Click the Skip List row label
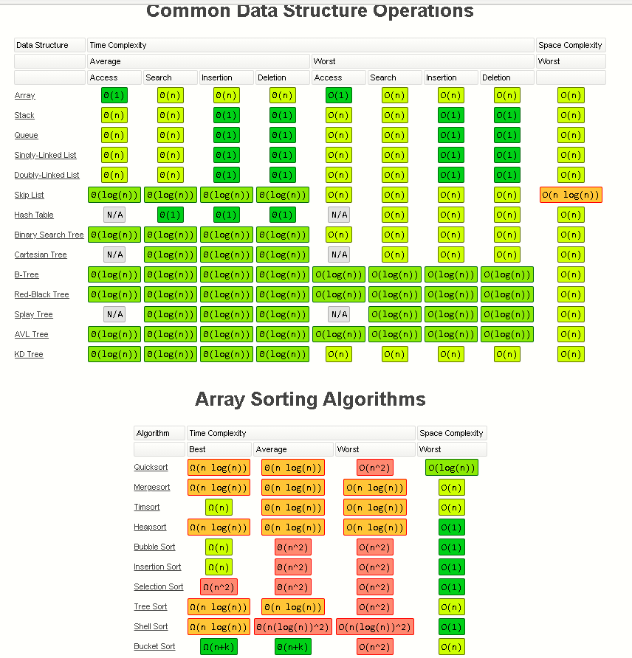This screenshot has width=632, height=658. click(29, 195)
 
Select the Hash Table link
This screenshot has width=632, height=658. click(34, 215)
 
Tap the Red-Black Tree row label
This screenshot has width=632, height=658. click(41, 294)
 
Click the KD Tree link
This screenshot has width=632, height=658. click(29, 354)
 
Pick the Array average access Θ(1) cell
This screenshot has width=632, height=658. click(114, 95)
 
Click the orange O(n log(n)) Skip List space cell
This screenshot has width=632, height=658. click(571, 195)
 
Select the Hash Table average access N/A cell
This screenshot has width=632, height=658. click(114, 215)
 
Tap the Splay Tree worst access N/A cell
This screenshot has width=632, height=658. click(339, 314)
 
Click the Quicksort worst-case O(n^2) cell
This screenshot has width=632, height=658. click(375, 468)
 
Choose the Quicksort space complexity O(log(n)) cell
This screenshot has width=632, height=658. click(451, 468)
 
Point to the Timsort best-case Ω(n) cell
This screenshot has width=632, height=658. click(219, 508)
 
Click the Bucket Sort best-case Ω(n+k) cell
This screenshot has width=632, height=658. click(219, 647)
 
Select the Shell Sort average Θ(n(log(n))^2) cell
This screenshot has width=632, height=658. click(292, 627)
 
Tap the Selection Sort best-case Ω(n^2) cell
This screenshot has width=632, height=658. click(219, 587)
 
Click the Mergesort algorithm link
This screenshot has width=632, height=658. click(152, 488)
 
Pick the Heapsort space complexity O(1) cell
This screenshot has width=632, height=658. click(451, 527)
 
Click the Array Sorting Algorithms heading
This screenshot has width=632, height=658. click(310, 400)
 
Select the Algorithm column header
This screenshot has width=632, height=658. click(153, 433)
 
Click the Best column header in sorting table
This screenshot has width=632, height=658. click(198, 449)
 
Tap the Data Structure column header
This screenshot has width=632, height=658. click(42, 45)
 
